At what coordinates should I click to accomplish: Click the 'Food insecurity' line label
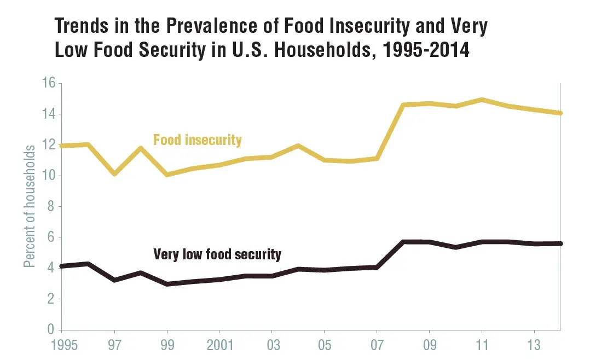tap(197, 140)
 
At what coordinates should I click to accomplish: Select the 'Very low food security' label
tap(217, 254)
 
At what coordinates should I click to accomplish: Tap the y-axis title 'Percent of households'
tap(30, 206)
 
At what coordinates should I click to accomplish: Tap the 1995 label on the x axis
tap(62, 346)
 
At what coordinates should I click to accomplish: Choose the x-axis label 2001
tap(219, 346)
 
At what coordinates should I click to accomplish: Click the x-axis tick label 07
tap(377, 346)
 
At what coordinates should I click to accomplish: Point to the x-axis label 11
tap(482, 346)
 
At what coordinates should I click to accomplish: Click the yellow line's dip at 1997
tap(114, 174)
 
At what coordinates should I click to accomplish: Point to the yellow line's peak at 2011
tap(482, 100)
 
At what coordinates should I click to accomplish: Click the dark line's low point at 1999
tap(167, 284)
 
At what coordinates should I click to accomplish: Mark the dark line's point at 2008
tap(403, 242)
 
